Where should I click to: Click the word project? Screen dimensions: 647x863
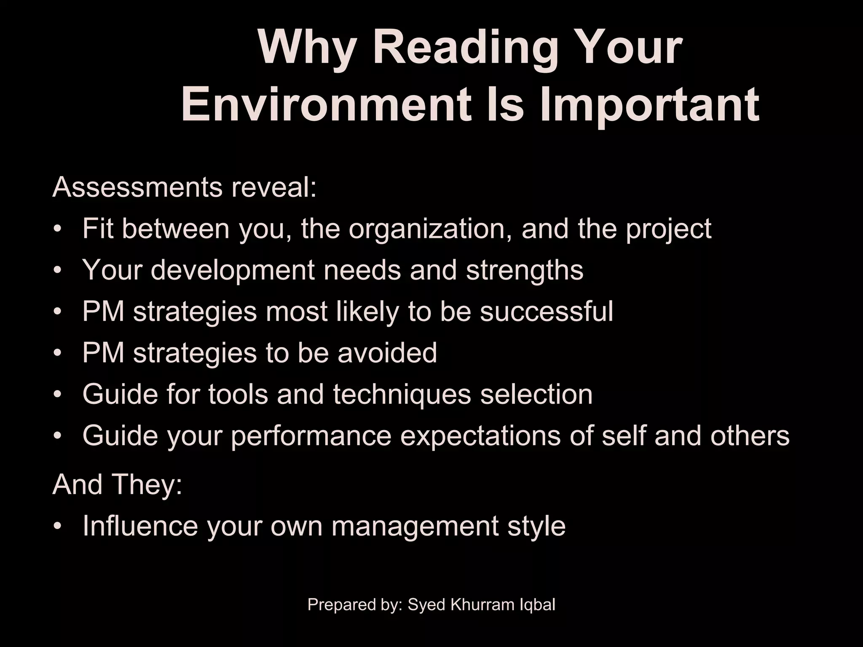(669, 230)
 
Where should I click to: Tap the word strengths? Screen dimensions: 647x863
(525, 270)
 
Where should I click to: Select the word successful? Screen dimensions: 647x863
(547, 312)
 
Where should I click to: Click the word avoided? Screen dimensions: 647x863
(387, 353)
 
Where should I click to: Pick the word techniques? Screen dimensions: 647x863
(402, 395)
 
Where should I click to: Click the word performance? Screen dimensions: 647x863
(311, 436)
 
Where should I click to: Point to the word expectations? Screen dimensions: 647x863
(480, 436)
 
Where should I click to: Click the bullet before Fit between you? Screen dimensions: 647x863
(57, 230)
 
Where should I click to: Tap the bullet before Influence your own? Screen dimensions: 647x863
(57, 527)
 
